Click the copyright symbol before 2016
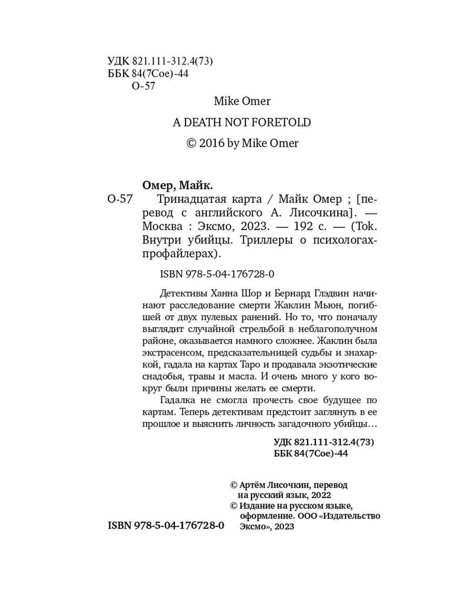191,144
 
